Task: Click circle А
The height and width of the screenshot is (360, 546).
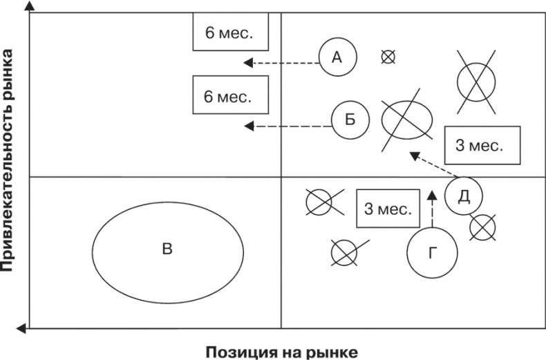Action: pyautogui.click(x=337, y=57)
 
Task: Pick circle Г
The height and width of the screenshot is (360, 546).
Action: pyautogui.click(x=433, y=254)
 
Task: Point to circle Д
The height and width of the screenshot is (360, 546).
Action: pyautogui.click(x=464, y=196)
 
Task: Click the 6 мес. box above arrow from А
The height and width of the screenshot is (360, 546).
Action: pyautogui.click(x=223, y=32)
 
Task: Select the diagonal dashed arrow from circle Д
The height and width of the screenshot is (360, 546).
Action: pyautogui.click(x=433, y=164)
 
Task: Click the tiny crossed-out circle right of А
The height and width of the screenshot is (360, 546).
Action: pyautogui.click(x=388, y=57)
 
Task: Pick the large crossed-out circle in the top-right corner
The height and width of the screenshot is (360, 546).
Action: pyautogui.click(x=477, y=82)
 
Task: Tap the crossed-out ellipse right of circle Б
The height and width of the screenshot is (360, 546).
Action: pyautogui.click(x=407, y=118)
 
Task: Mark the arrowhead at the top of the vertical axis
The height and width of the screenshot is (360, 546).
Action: pyautogui.click(x=30, y=6)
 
